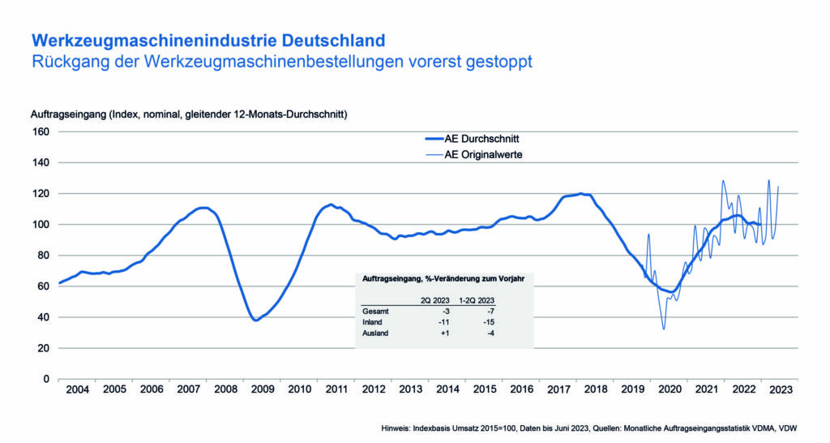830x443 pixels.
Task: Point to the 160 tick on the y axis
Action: (42, 131)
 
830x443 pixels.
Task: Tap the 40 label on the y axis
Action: (45, 317)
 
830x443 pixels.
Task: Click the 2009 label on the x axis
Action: (263, 389)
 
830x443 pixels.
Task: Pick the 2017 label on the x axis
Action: (559, 389)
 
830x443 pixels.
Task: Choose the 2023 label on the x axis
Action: (781, 389)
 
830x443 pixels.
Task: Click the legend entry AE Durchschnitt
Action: (481, 139)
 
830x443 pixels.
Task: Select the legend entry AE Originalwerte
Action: (483, 155)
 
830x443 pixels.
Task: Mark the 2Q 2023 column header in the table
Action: (435, 300)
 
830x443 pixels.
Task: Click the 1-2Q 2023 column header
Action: (477, 300)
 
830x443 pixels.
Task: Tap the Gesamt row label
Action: (375, 312)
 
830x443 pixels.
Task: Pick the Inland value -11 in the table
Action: (444, 322)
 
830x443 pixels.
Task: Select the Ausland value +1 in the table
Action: (445, 333)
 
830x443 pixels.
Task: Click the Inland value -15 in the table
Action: (489, 322)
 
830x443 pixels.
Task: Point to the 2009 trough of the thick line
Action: (256, 320)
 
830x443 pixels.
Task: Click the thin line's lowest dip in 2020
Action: (664, 329)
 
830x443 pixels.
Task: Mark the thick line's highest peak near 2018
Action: (580, 194)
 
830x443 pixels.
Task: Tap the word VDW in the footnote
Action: (788, 428)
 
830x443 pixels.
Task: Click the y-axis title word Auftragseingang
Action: (68, 114)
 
